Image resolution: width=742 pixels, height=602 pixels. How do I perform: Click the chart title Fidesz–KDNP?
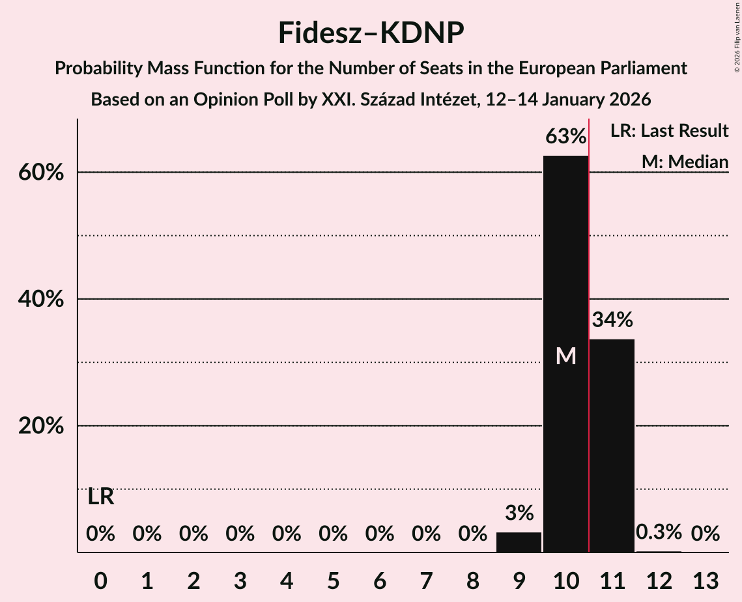[x=371, y=33]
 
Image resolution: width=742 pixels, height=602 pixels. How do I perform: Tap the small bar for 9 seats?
[x=519, y=542]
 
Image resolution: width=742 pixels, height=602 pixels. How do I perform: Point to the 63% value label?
[x=565, y=137]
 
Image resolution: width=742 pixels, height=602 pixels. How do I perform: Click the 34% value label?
[x=612, y=320]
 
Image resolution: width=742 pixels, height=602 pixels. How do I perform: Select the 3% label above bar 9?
[x=519, y=513]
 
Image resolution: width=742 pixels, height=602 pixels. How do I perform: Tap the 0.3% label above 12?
[x=659, y=532]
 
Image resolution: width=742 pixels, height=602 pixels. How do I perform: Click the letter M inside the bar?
[x=565, y=356]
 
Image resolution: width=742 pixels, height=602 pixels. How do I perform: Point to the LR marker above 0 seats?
[x=101, y=497]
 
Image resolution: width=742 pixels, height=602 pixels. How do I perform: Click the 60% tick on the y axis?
[x=44, y=173]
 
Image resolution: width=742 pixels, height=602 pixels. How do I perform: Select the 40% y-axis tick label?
[x=44, y=300]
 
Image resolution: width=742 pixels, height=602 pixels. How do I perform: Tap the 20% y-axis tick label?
[x=44, y=427]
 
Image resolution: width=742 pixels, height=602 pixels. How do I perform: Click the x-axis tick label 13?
[x=705, y=580]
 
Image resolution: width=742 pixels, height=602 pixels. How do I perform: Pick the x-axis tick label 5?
[x=333, y=580]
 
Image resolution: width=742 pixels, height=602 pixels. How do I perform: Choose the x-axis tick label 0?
[x=100, y=580]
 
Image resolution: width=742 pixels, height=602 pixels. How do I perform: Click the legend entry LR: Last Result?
[x=669, y=131]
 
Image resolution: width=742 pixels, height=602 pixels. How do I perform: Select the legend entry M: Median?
[x=685, y=162]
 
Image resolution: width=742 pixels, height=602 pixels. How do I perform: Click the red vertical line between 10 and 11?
[x=589, y=326]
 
